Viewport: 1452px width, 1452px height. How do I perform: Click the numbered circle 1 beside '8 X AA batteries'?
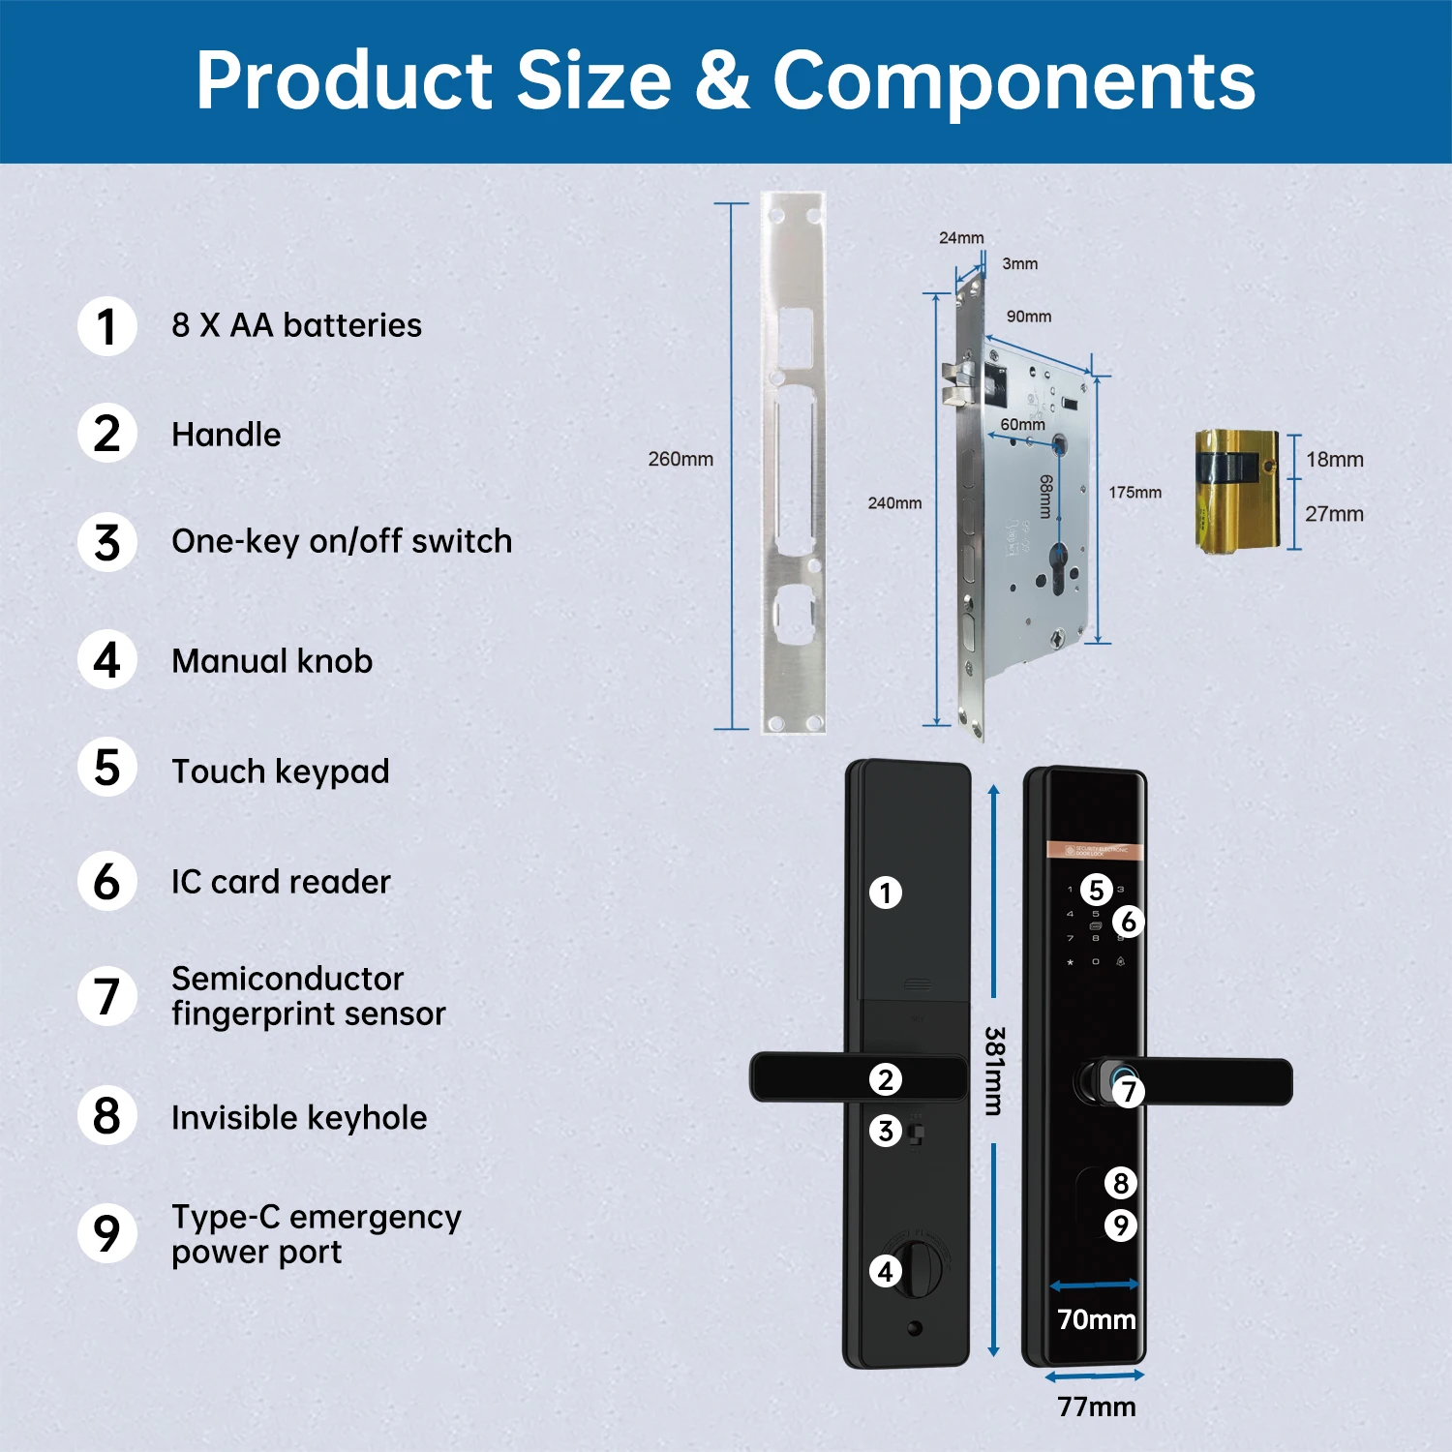pos(107,326)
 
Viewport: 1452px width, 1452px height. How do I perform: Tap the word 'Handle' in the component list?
pos(227,435)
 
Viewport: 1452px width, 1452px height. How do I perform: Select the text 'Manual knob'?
pos(272,661)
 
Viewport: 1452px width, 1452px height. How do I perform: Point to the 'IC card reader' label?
pos(281,882)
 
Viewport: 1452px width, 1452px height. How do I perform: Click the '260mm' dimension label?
pos(681,459)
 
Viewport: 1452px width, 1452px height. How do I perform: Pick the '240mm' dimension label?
pos(894,503)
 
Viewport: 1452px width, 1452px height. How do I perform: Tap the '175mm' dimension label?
pos(1134,493)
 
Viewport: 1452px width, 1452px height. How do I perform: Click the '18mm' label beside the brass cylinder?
pos(1334,460)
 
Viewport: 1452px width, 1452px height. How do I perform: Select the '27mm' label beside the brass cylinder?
pos(1334,514)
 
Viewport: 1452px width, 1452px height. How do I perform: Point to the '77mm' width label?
pos(1096,1407)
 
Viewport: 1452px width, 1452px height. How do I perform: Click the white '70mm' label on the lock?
pos(1096,1319)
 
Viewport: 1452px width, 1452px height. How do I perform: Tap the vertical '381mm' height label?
pos(994,1071)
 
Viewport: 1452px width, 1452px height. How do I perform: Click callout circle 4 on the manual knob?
pos(885,1271)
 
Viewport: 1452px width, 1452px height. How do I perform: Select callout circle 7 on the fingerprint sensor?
pos(1128,1092)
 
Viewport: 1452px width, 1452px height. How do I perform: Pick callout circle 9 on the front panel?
pos(1120,1225)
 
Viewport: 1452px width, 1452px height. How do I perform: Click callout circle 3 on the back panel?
pos(885,1130)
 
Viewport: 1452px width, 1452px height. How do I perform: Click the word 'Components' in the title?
pos(1013,80)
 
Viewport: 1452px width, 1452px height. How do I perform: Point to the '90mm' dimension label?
pos(1028,317)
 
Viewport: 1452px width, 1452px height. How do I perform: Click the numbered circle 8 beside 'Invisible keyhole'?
pos(107,1116)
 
